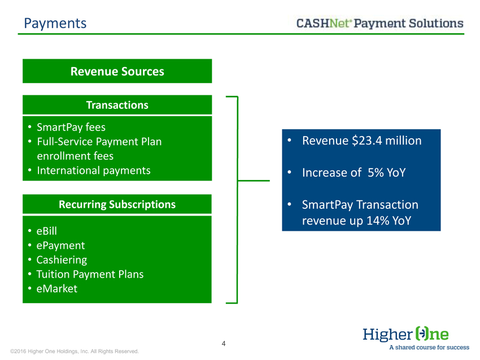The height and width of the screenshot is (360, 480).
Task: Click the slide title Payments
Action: point(55,24)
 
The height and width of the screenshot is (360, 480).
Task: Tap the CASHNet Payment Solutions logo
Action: point(379,23)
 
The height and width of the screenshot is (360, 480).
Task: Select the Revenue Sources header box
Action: point(117,71)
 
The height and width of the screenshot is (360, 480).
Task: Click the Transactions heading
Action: point(117,105)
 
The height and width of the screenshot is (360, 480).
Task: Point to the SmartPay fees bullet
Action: point(71,127)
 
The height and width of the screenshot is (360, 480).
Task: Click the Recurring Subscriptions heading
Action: point(117,204)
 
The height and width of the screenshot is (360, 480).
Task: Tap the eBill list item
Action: point(46,231)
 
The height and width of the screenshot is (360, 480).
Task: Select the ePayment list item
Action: point(60,245)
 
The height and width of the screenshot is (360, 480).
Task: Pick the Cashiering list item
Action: point(62,260)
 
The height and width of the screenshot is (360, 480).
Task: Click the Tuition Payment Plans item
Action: point(90,274)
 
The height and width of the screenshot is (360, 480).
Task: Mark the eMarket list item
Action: point(57,288)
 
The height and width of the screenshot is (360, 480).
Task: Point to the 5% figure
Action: point(376,173)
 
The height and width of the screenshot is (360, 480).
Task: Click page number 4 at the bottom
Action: point(224,344)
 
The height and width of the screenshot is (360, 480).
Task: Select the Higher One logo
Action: point(405,334)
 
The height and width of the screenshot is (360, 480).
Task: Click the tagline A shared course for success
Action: point(429,348)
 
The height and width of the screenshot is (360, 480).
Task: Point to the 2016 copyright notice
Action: point(75,352)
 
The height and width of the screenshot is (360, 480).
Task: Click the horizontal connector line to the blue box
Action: point(254,181)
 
